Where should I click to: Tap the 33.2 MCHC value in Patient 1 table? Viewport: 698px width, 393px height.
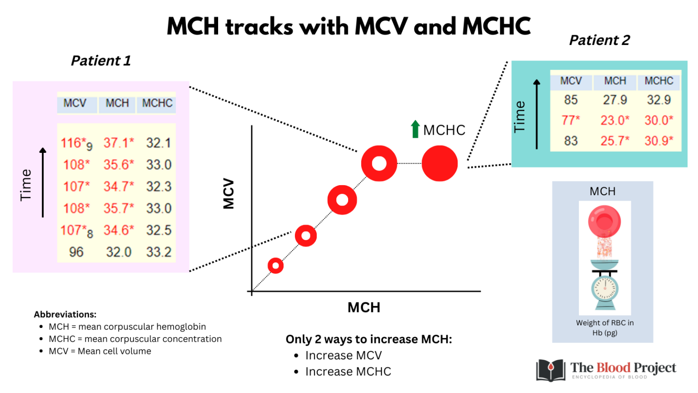click(x=159, y=252)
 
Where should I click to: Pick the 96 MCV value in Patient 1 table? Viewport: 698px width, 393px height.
click(x=76, y=252)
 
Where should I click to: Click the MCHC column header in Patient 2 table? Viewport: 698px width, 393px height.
click(x=658, y=81)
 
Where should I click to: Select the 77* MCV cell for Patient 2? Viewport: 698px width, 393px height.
click(x=570, y=121)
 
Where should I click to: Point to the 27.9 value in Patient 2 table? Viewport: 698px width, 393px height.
click(x=615, y=100)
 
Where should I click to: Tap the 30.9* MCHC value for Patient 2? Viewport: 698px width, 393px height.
click(x=658, y=141)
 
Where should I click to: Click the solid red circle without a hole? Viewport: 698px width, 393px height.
click(x=439, y=163)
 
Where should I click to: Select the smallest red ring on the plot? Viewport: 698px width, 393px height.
click(x=275, y=265)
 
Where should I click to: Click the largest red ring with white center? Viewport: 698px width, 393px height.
click(x=379, y=163)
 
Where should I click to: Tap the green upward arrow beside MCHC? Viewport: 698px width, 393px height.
click(x=415, y=129)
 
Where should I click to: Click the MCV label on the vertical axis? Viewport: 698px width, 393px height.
click(x=229, y=194)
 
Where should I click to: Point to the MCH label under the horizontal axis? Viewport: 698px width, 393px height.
click(x=364, y=307)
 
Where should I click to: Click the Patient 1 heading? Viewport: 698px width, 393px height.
click(x=101, y=60)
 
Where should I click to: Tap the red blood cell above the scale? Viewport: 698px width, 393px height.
click(x=604, y=221)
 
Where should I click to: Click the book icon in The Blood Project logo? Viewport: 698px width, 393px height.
click(x=551, y=369)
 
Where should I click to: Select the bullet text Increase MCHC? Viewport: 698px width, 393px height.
click(x=348, y=372)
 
